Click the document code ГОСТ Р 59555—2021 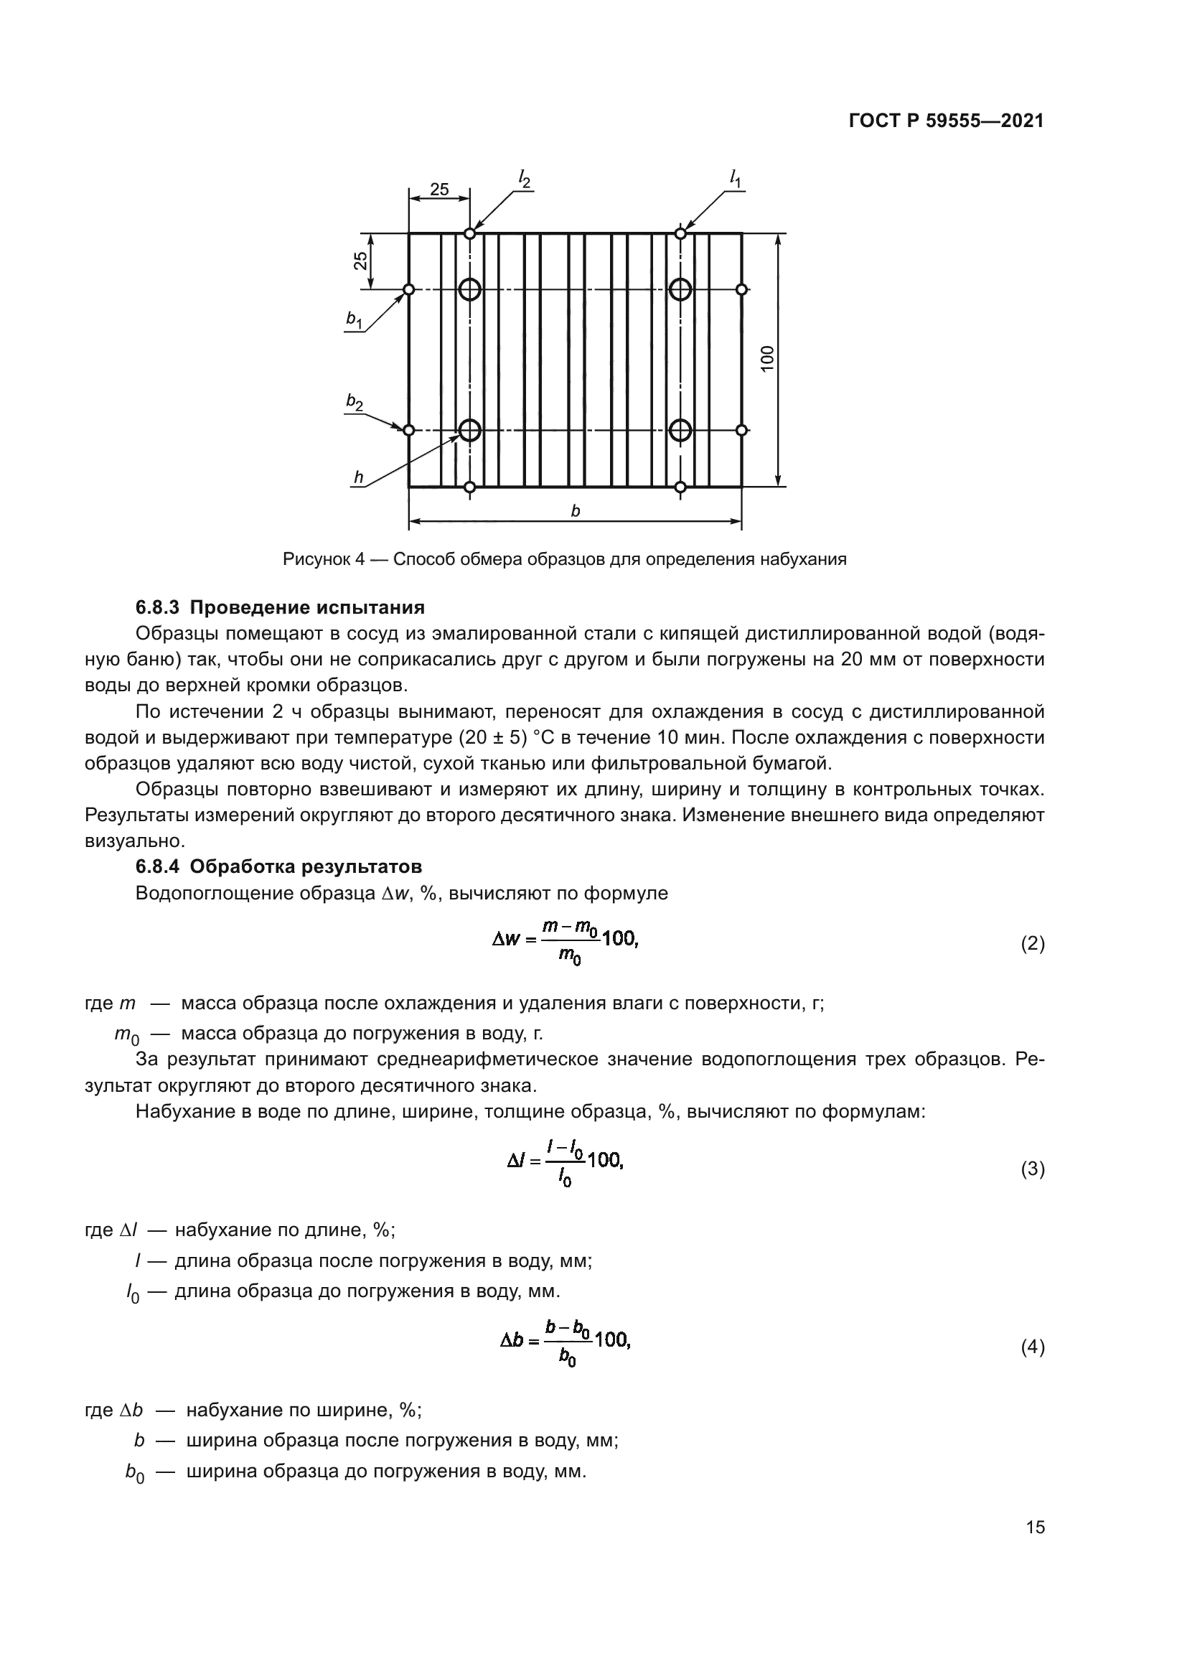946,121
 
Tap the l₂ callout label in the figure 524,178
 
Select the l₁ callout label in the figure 736,178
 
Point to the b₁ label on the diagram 355,319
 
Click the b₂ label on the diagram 355,401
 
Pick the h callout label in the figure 358,477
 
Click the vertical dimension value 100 766,358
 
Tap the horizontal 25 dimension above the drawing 439,190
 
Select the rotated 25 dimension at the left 360,261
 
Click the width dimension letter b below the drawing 576,512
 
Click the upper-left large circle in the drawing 470,289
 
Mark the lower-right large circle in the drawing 680,430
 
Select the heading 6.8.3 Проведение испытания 280,608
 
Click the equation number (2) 1032,944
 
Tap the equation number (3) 1032,1169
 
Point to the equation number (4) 1032,1348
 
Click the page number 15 1035,1527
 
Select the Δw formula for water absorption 565,943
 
